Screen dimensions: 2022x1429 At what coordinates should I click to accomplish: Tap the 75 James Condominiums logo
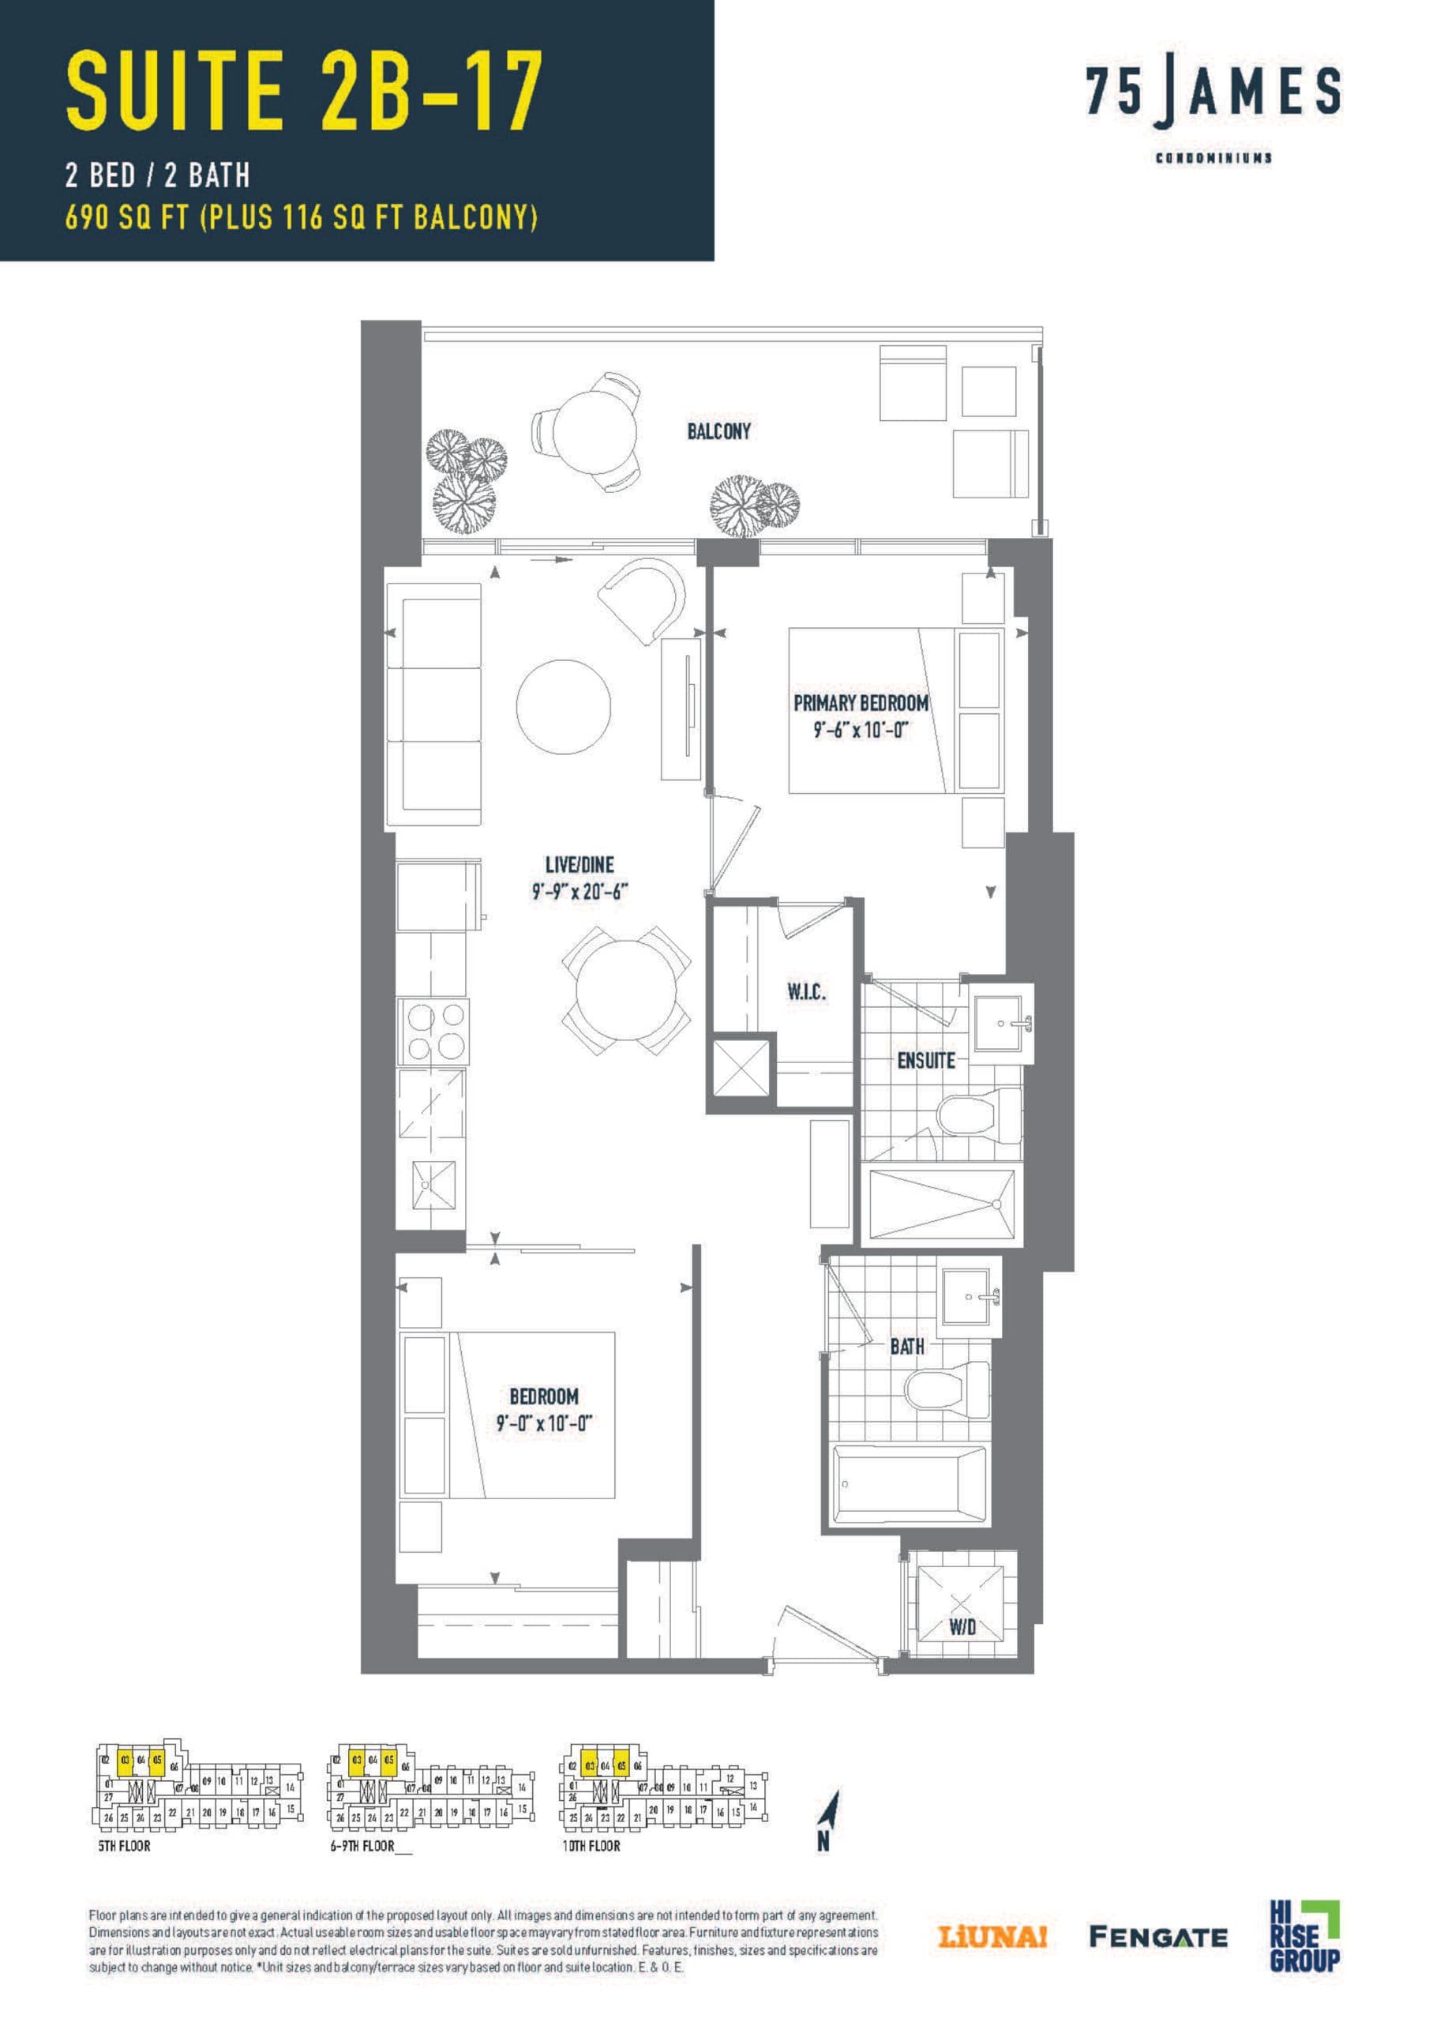coord(1213,106)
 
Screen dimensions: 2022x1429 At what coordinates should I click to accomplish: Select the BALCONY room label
coord(718,431)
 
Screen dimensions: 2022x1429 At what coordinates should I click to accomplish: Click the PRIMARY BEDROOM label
coord(861,704)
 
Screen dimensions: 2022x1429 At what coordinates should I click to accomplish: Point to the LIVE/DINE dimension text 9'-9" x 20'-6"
coord(579,892)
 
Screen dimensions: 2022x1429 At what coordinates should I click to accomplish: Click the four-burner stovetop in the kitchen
coord(435,1032)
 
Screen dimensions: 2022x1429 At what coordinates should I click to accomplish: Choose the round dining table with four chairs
coord(626,990)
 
